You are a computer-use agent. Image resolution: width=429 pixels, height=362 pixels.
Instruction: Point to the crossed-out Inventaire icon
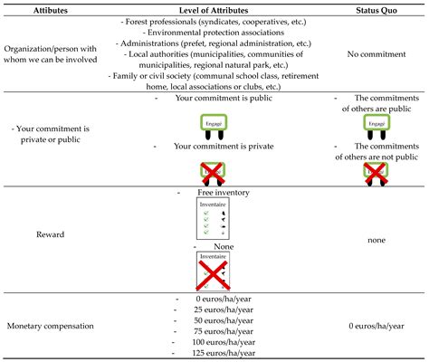coord(212,271)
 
